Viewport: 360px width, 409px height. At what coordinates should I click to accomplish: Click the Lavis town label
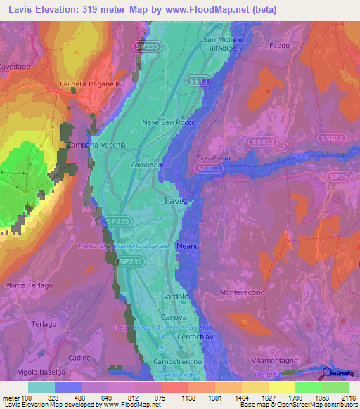[x=175, y=201]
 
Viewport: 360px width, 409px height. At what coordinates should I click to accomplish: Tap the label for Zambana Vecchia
[x=96, y=145]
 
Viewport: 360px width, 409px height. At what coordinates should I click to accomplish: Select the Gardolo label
[x=176, y=297]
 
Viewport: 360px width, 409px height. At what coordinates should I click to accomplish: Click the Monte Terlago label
[x=29, y=285]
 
